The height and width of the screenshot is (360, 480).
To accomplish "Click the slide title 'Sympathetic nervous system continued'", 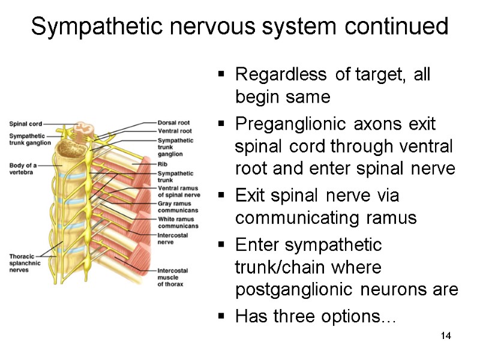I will click(x=239, y=26).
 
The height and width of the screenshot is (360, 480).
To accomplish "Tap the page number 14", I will click(x=445, y=335).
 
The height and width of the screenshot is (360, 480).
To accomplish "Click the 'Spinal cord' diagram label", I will click(x=25, y=124).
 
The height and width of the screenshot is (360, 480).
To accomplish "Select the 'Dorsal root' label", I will click(x=175, y=122).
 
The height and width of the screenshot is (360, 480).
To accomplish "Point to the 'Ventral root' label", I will click(x=175, y=130).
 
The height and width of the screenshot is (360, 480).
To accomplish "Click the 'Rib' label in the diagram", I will click(x=162, y=163).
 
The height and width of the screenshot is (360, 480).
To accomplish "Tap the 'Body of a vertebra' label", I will click(x=23, y=169).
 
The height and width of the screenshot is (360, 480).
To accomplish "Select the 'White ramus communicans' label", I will click(x=178, y=223).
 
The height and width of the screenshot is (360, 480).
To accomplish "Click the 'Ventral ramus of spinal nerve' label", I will click(x=178, y=191).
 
